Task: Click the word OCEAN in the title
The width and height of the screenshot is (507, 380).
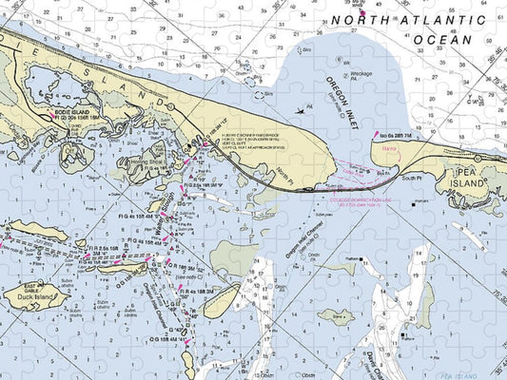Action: point(441,40)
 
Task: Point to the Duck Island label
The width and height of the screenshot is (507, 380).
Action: point(35,296)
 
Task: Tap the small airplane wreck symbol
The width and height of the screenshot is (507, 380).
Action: point(301,110)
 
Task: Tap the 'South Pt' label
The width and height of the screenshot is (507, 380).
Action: point(412,178)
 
